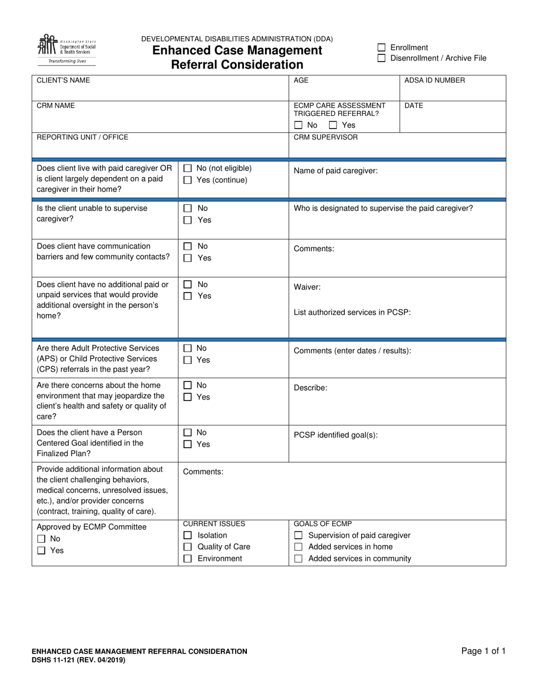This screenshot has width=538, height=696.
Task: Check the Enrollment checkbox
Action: (x=382, y=48)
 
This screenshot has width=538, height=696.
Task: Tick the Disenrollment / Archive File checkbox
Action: (x=382, y=58)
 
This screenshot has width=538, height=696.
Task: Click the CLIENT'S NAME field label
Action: (x=63, y=80)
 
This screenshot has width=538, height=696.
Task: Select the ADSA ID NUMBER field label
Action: (x=434, y=80)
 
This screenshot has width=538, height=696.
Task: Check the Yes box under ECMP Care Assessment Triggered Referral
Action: (x=333, y=125)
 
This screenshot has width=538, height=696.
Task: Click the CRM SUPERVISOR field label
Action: (x=326, y=137)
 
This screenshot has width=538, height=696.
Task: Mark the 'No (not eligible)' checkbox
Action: (x=187, y=168)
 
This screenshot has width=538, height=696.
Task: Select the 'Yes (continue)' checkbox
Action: (x=187, y=180)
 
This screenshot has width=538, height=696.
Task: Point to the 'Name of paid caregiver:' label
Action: (x=335, y=170)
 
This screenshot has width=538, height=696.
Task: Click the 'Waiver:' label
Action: (x=307, y=287)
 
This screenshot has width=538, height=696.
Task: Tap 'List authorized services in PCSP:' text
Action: (x=352, y=312)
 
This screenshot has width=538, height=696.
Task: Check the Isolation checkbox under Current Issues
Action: (x=187, y=535)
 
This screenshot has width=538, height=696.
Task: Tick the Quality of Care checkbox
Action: (x=187, y=547)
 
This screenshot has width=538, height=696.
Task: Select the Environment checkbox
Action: (x=187, y=558)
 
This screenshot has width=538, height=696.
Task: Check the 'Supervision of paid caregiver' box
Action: (x=298, y=535)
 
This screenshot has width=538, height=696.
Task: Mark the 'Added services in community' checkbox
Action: (x=298, y=558)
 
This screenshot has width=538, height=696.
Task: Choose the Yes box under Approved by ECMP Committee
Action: (x=41, y=551)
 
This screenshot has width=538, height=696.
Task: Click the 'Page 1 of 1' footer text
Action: (x=483, y=651)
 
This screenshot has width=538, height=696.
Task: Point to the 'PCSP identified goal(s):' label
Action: (x=335, y=435)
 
